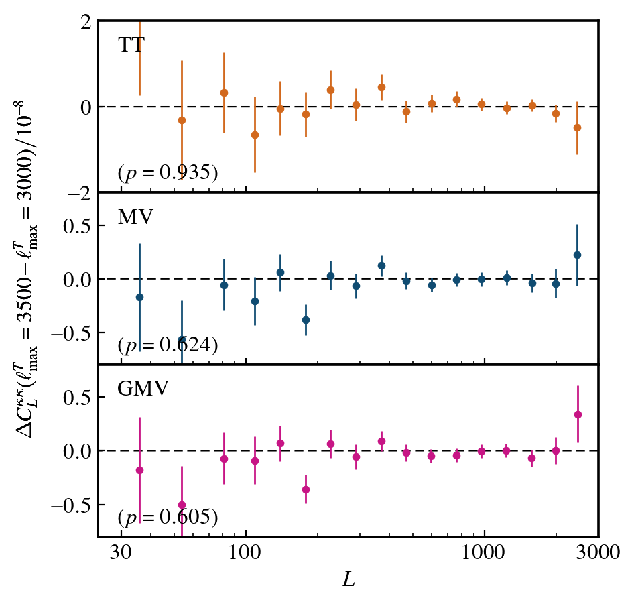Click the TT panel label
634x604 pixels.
coord(131,46)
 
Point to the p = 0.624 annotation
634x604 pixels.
coord(168,345)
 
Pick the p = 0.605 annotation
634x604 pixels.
coord(168,518)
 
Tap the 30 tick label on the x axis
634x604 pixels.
coord(121,555)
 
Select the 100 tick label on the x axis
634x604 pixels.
coord(246,555)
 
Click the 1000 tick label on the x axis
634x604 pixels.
coord(484,555)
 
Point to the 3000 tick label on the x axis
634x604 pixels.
coord(598,555)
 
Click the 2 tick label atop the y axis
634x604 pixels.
coord(85,21)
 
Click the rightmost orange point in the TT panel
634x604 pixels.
coord(577,127)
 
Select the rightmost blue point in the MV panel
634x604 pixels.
coord(577,255)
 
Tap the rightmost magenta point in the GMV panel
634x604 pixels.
coord(577,414)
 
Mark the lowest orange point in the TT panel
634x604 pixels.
coord(255,135)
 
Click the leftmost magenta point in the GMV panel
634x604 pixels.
coord(139,470)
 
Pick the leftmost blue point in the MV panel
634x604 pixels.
coord(139,297)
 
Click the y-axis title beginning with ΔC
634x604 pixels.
coord(31,279)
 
